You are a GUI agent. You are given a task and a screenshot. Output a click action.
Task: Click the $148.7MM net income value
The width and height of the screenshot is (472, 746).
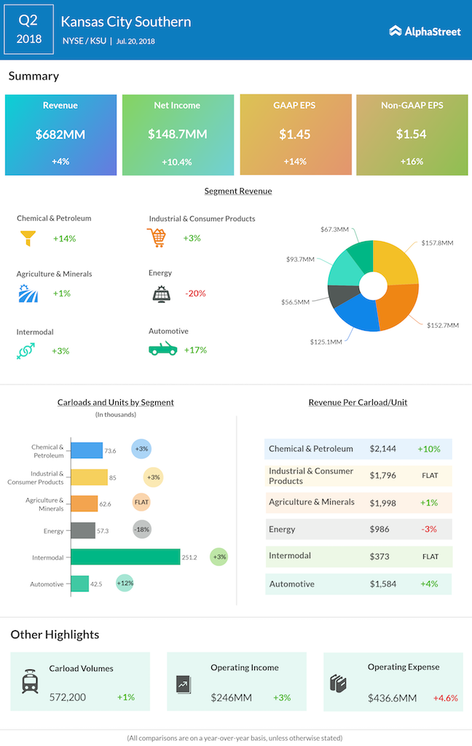point(178,134)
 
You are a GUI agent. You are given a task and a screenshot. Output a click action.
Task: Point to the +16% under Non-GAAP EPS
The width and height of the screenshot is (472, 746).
point(412,161)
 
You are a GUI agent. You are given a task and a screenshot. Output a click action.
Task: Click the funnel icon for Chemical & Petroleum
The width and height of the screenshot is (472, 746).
point(29,237)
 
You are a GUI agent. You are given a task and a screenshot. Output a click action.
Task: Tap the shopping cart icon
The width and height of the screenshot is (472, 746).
point(157,237)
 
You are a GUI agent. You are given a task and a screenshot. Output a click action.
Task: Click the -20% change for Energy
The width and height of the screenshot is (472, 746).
point(194,293)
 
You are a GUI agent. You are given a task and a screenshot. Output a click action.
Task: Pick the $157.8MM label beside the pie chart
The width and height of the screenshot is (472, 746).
point(437,243)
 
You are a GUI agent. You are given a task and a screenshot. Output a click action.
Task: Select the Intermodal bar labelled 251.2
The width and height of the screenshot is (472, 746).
point(125,557)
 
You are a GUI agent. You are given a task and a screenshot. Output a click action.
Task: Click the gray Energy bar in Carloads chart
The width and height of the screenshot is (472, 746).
point(82,530)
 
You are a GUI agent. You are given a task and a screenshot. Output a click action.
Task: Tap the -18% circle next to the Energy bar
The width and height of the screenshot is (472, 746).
point(142,530)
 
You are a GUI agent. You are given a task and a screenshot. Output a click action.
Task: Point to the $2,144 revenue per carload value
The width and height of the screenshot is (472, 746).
point(382,449)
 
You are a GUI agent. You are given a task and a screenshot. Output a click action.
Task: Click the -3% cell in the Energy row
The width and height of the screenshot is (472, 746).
point(430,529)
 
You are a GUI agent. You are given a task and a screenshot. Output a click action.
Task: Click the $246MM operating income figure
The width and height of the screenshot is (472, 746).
point(232,697)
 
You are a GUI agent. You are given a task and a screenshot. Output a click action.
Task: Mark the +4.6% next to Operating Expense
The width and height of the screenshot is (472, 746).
point(446,697)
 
